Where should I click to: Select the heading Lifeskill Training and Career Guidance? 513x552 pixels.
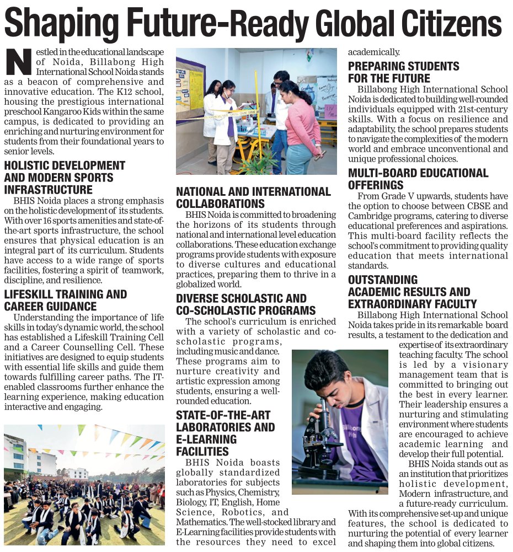pyautogui.click(x=65, y=301)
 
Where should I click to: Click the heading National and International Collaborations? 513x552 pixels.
pyautogui.click(x=253, y=197)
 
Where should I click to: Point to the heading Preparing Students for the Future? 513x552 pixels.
pyautogui.click(x=403, y=72)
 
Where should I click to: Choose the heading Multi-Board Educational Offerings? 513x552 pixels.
pyautogui.click(x=418, y=179)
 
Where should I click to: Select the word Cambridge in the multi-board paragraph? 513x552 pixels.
pyautogui.click(x=368, y=216)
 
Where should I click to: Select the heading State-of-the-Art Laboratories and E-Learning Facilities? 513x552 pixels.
pyautogui.click(x=225, y=433)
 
